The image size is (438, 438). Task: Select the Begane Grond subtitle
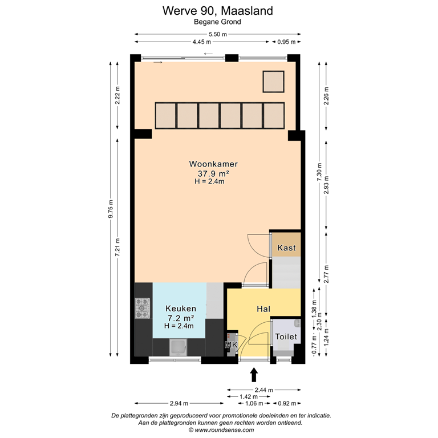[217, 22]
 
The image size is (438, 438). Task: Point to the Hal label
[263, 308]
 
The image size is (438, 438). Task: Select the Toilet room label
[286, 336]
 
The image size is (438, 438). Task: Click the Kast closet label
[285, 248]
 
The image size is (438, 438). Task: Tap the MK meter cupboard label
[231, 345]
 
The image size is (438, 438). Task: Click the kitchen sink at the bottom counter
[179, 346]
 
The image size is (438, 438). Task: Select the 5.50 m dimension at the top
[217, 34]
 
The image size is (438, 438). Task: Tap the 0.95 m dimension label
[286, 42]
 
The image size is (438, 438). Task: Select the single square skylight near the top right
[273, 82]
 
